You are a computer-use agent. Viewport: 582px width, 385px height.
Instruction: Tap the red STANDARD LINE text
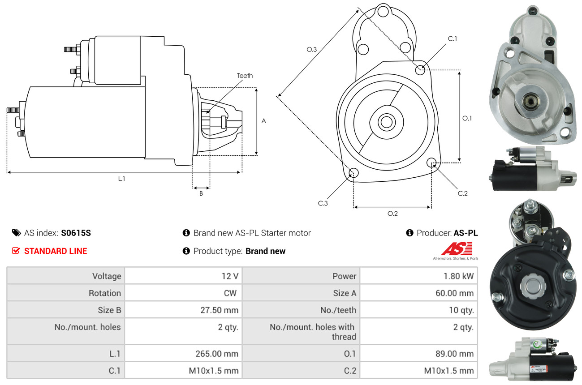click(56, 251)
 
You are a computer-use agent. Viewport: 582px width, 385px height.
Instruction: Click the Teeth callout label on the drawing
click(245, 76)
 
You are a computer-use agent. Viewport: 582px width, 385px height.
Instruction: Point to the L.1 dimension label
click(121, 179)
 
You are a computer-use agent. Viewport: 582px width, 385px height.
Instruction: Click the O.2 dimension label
click(392, 214)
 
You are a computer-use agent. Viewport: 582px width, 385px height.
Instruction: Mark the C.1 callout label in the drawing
click(453, 39)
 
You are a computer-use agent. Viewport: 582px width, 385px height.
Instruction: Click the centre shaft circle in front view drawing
click(385, 121)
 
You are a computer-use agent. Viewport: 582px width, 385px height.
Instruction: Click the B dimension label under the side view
click(201, 194)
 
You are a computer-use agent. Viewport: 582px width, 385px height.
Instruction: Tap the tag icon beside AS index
click(16, 233)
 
